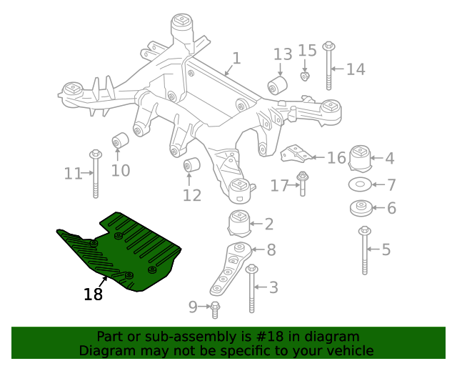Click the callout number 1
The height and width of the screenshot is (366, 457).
click(236, 58)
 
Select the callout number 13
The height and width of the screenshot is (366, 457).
click(283, 54)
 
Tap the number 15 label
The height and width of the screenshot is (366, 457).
click(307, 50)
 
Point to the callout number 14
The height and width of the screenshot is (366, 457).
click(356, 69)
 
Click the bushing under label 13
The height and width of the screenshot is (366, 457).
click(277, 86)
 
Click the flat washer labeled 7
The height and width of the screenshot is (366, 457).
click(361, 185)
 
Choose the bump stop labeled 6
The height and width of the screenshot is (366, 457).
click(361, 209)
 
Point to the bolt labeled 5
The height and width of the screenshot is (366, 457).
click(365, 250)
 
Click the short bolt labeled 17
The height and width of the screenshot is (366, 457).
click(303, 184)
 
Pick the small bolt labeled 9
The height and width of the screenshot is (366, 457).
click(216, 309)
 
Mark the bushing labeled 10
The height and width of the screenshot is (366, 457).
click(120, 140)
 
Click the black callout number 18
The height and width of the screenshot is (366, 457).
click(93, 294)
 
